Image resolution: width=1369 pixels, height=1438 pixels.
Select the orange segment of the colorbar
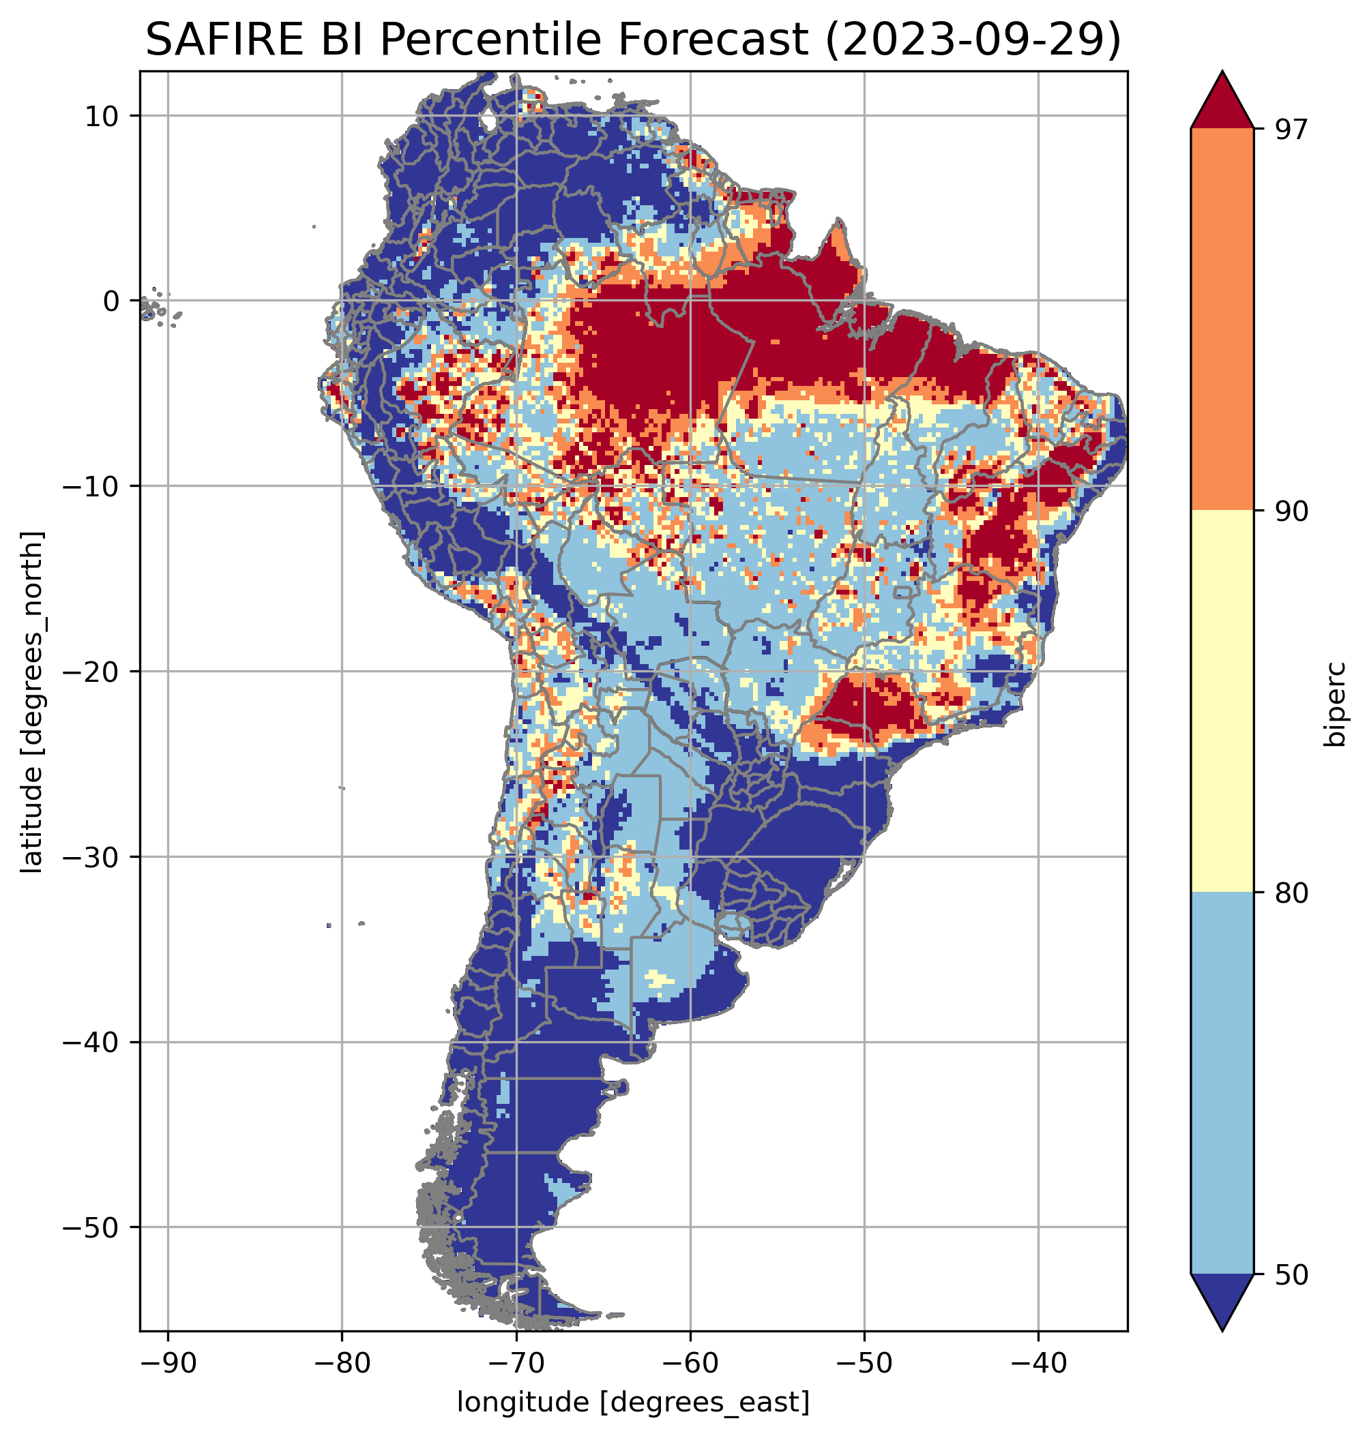(x=1222, y=320)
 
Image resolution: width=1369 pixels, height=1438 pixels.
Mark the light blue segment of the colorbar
(x=1222, y=1083)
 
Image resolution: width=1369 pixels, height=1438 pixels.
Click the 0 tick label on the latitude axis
(x=112, y=301)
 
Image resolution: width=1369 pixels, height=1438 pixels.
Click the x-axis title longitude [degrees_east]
(x=633, y=1401)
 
